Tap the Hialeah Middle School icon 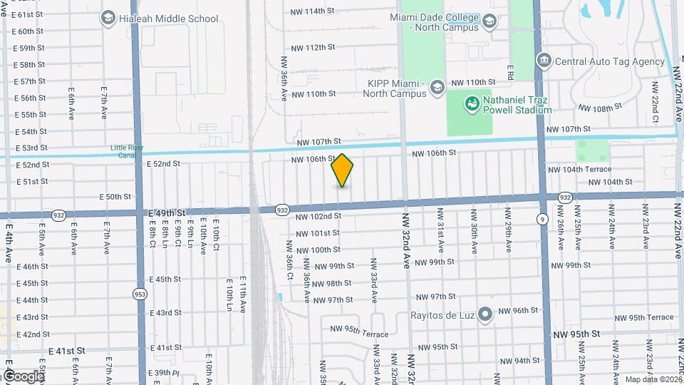coord(108,18)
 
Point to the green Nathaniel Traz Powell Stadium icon coord(471,105)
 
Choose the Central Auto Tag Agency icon coord(544,61)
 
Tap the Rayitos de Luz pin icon coord(485,314)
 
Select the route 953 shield coord(140,294)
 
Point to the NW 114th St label coord(312,11)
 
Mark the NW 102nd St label coord(318,216)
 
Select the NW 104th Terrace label coord(579,170)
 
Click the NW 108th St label coord(600,108)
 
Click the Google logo coord(24,376)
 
